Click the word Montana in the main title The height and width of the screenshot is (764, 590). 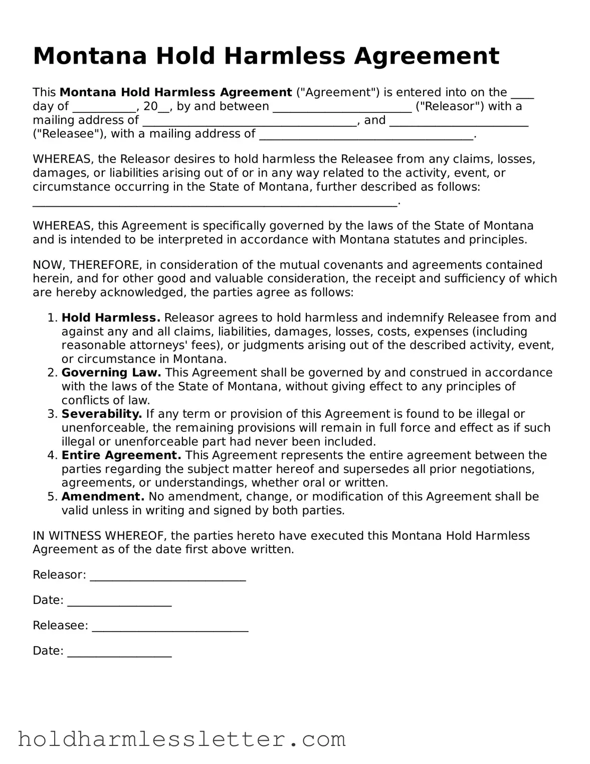(90, 56)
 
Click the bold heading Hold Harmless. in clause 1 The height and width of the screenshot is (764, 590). (111, 318)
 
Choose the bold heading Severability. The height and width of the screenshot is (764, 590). (102, 414)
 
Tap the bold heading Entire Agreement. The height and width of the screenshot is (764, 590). (121, 455)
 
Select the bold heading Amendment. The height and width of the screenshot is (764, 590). (103, 497)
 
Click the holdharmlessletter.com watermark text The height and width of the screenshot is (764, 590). (181, 739)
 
